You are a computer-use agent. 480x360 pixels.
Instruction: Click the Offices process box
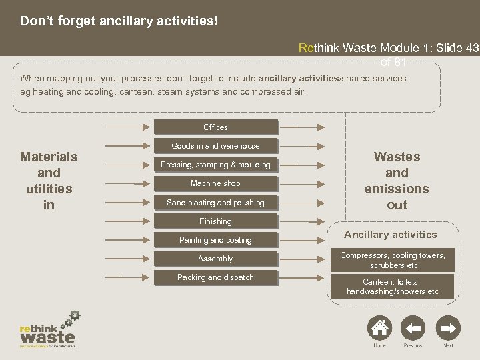tap(215, 127)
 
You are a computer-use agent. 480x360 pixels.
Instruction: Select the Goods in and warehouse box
tap(215, 146)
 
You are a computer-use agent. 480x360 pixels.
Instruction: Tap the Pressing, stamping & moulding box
tap(215, 165)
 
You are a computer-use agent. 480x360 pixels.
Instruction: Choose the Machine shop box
tap(215, 183)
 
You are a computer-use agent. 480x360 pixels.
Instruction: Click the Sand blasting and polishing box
tap(215, 202)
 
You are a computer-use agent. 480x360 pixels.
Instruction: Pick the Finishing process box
tap(215, 221)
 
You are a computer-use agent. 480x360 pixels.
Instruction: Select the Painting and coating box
tap(215, 240)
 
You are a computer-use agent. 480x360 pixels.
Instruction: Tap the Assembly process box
tap(215, 259)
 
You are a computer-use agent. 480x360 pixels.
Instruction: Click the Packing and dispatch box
tap(215, 277)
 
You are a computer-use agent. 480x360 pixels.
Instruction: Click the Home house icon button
tap(379, 328)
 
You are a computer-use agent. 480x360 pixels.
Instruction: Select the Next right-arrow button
tap(449, 328)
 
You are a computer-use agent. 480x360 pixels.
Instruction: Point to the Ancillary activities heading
tap(390, 234)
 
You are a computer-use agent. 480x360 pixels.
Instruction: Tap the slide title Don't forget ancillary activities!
tap(119, 21)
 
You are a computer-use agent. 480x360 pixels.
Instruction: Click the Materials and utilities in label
tap(49, 181)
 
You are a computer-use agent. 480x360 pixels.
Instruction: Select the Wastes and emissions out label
tap(397, 181)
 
